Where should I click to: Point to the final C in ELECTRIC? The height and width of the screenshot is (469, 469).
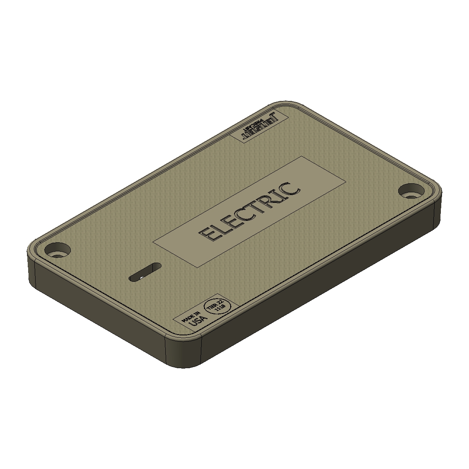point(292,188)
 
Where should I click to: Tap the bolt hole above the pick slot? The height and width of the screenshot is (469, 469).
point(58,249)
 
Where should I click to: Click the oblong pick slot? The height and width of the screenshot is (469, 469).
point(145,272)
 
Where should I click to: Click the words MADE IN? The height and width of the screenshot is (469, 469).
point(190,315)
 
